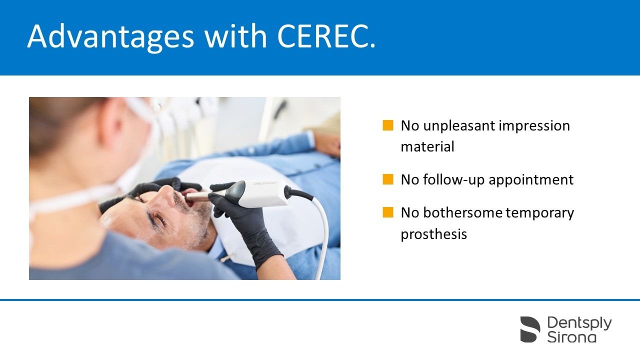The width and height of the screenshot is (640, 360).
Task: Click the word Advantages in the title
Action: [111, 37]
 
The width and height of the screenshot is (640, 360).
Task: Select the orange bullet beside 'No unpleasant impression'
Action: [387, 125]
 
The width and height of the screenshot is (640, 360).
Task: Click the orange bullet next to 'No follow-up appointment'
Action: [387, 179]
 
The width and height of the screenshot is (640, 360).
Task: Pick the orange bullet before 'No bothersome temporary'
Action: [387, 212]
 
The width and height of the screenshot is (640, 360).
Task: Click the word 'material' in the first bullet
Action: [427, 147]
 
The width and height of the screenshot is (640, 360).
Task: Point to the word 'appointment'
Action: [531, 180]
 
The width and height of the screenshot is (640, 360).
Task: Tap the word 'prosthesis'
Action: [433, 234]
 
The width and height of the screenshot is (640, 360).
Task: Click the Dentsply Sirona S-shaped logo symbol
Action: [530, 329]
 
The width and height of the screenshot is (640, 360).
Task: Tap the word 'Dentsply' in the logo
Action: [579, 323]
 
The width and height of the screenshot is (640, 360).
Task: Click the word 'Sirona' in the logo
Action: [571, 337]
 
